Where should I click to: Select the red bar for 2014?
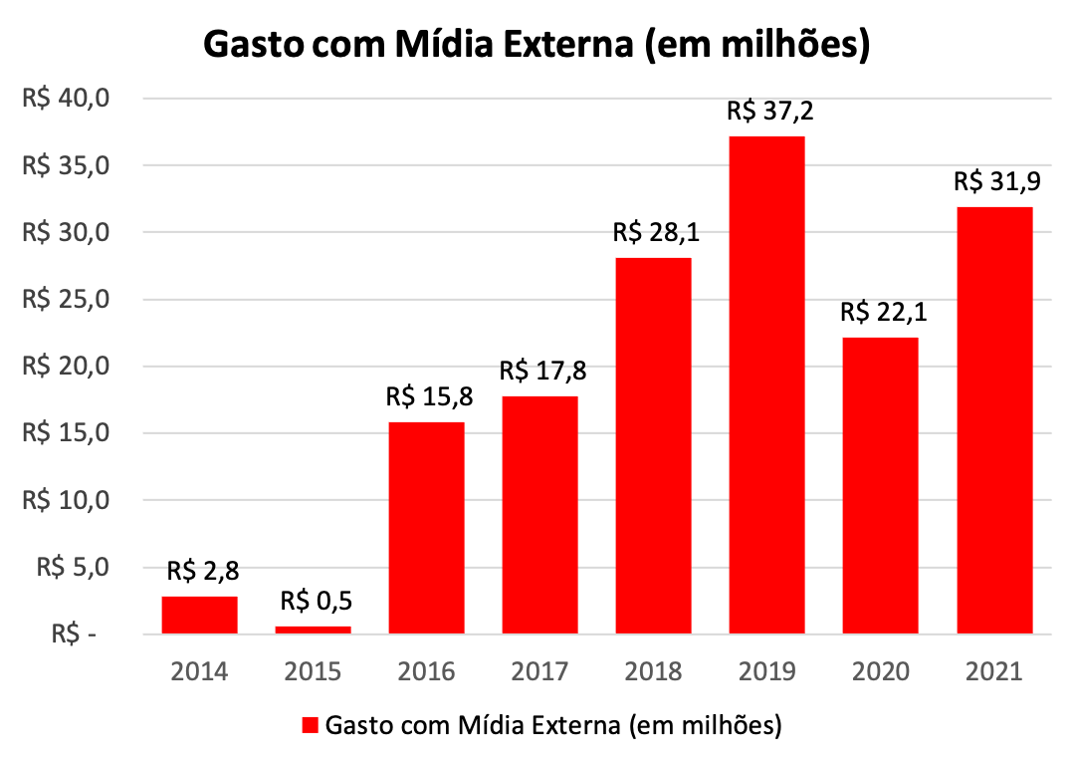coord(199,615)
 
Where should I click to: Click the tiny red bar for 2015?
coord(313,630)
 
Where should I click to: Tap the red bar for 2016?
coord(426,528)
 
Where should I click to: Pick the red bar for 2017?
coord(539,515)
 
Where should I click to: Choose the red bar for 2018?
coord(653,445)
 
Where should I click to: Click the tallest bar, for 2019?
coord(766,384)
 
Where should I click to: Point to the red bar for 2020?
coord(880,485)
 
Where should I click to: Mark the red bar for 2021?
coord(993,420)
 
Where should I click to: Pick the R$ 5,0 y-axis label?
coord(72,567)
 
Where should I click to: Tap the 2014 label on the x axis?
coord(199,672)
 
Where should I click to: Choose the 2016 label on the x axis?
coord(426,672)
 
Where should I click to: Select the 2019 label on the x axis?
coord(766,672)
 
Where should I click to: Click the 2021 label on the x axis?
coord(993,672)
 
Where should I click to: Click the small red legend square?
coord(310,724)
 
